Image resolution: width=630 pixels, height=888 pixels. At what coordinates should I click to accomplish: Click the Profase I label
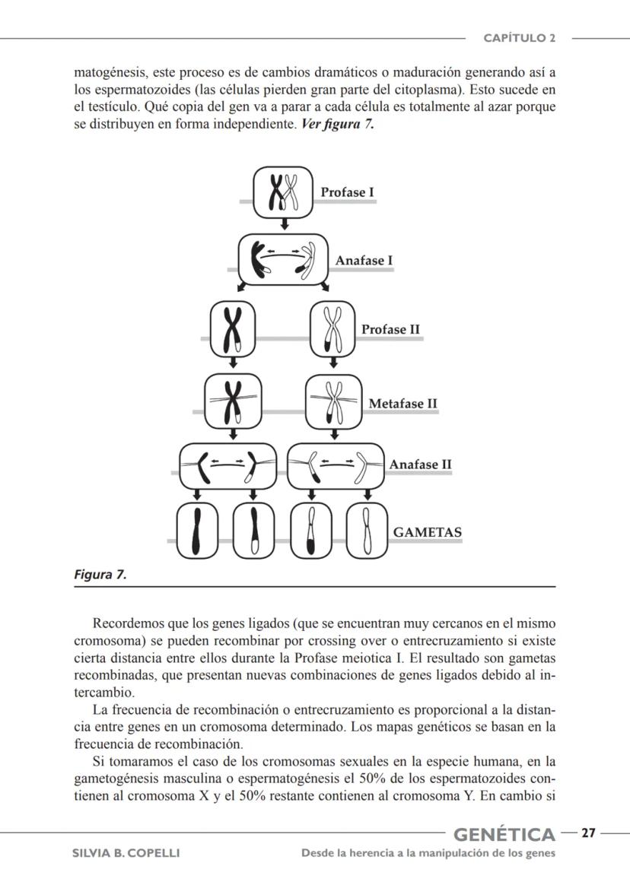coord(347,192)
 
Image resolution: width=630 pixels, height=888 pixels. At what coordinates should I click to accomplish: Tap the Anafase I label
coord(364,261)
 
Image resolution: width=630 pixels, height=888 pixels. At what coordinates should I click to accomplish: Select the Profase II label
coord(390,329)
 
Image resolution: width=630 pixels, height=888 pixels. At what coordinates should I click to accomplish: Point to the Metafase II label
coord(402,404)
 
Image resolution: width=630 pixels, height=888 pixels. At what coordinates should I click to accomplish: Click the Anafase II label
coord(420,465)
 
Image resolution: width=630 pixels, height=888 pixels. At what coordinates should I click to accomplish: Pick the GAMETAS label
coord(427,532)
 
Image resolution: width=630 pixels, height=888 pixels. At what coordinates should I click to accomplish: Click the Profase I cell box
coord(283,192)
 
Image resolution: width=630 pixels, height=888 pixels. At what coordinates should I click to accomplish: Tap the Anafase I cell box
coord(283,260)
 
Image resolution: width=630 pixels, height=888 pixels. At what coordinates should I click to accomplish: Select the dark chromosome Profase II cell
coord(232,328)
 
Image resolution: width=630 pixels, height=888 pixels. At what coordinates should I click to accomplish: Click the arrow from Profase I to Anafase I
coord(283,225)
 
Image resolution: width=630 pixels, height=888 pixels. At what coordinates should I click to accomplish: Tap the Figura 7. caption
coord(100,575)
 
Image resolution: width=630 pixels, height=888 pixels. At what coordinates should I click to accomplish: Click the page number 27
coord(588,833)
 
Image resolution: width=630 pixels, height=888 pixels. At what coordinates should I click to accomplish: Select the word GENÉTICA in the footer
coord(504,835)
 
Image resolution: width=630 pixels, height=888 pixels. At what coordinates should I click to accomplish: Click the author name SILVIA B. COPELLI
coord(126,853)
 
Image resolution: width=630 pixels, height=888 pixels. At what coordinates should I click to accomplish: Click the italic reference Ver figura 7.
coord(338,124)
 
